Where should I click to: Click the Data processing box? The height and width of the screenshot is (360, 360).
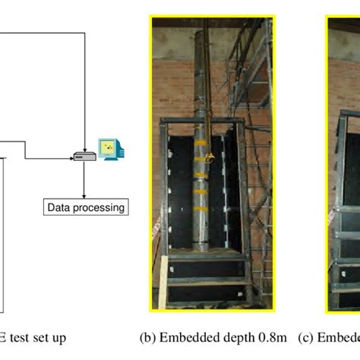pos(85,207)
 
